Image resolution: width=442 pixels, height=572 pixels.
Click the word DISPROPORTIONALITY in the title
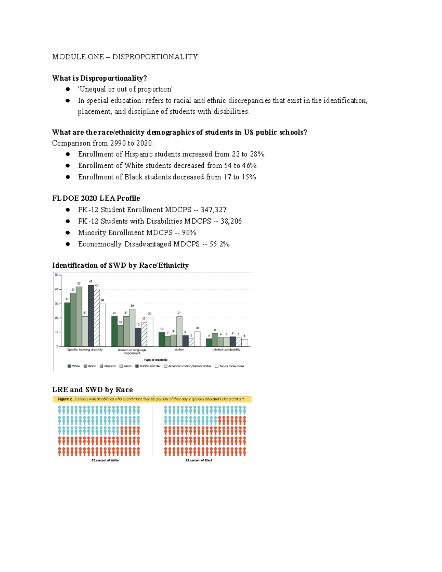[x=155, y=57]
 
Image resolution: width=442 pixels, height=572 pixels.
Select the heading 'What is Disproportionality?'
[x=99, y=78]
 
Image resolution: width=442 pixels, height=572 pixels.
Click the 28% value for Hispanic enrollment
[x=257, y=154]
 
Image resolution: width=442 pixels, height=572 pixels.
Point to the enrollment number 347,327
[x=214, y=210]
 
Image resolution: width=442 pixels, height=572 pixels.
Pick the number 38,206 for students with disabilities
[x=231, y=221]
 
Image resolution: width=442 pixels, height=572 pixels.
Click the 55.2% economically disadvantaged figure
[x=220, y=244]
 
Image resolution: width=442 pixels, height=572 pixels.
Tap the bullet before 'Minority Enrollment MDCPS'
[x=68, y=233]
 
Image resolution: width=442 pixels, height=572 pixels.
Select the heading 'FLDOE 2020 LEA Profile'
[x=96, y=199]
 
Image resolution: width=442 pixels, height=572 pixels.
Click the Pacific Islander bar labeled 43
[x=91, y=315]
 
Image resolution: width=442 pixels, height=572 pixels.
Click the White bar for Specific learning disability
[x=67, y=324]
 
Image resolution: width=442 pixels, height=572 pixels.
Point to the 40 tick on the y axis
[x=56, y=289]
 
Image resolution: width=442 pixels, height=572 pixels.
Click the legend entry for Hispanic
[x=108, y=366]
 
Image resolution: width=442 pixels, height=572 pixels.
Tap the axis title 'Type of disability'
[x=155, y=360]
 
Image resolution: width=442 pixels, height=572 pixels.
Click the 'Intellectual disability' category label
[x=226, y=350]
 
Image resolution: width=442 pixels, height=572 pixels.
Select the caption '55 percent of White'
[x=105, y=460]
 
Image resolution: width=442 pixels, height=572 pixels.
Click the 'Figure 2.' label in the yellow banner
[x=65, y=399]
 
